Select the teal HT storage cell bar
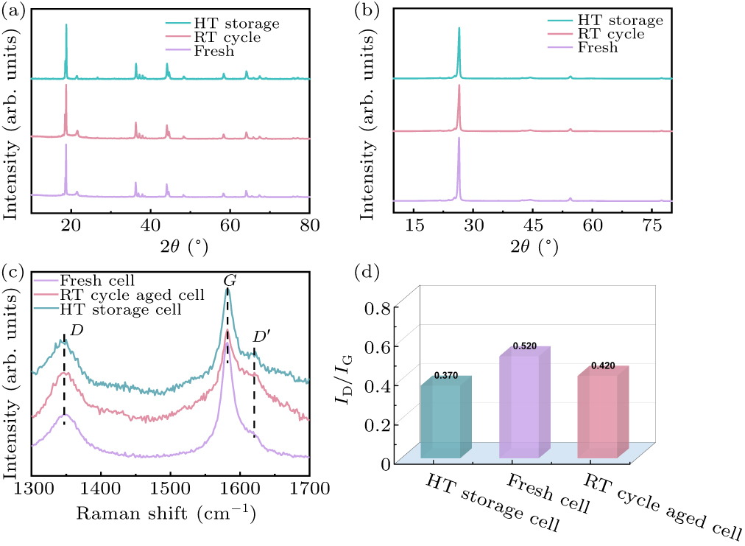[x=441, y=419]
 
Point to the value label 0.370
[x=446, y=375]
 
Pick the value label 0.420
[x=602, y=365]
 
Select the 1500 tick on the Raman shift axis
[x=170, y=487]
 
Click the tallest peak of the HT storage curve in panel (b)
[x=459, y=29]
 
